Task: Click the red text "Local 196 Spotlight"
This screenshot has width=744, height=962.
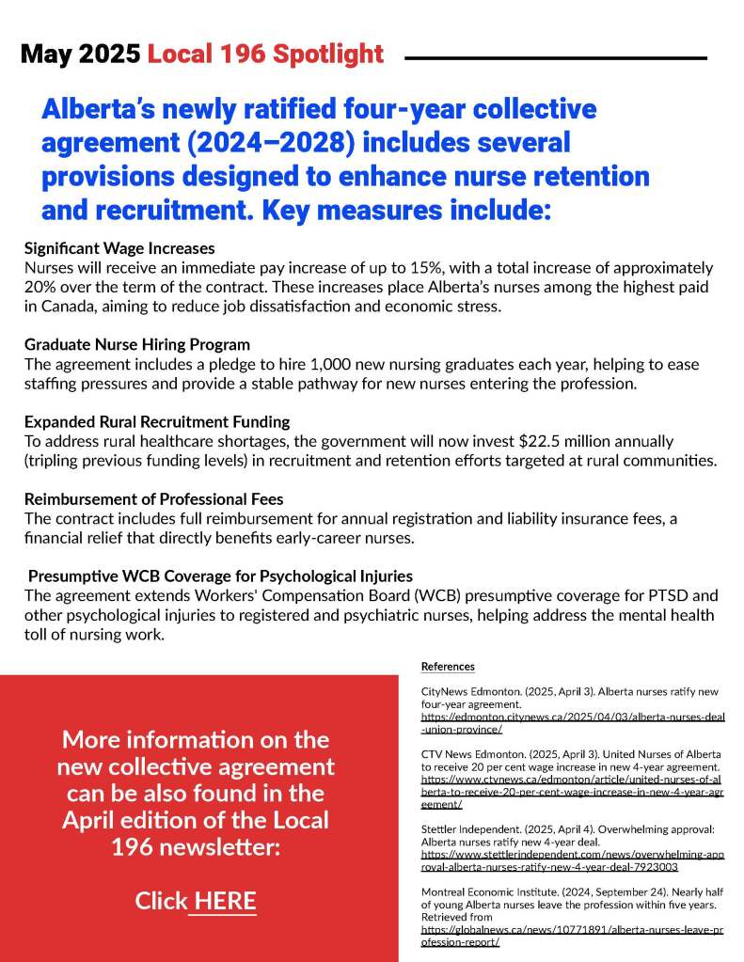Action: click(x=265, y=55)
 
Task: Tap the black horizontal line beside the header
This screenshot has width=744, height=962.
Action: click(x=555, y=58)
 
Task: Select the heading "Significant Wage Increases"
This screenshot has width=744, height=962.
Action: click(x=119, y=249)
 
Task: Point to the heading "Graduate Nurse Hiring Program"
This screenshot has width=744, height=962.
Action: click(x=137, y=344)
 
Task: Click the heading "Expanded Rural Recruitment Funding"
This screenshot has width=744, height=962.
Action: click(x=157, y=421)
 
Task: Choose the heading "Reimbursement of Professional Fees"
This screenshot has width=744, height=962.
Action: click(x=153, y=498)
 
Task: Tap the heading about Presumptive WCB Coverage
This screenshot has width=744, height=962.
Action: click(x=220, y=576)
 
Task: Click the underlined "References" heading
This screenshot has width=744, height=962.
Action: click(x=448, y=667)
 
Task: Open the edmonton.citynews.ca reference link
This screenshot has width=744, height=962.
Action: click(x=572, y=722)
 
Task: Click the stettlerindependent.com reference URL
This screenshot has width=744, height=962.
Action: click(x=572, y=860)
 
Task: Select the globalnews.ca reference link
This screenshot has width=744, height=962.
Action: click(x=572, y=935)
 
